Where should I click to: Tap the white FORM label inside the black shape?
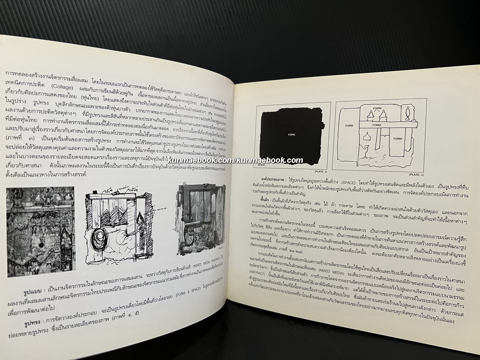pyautogui.click(x=291, y=135)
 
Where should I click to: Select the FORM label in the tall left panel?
pyautogui.click(x=349, y=125)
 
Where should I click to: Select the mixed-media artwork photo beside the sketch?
pyautogui.click(x=201, y=218)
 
